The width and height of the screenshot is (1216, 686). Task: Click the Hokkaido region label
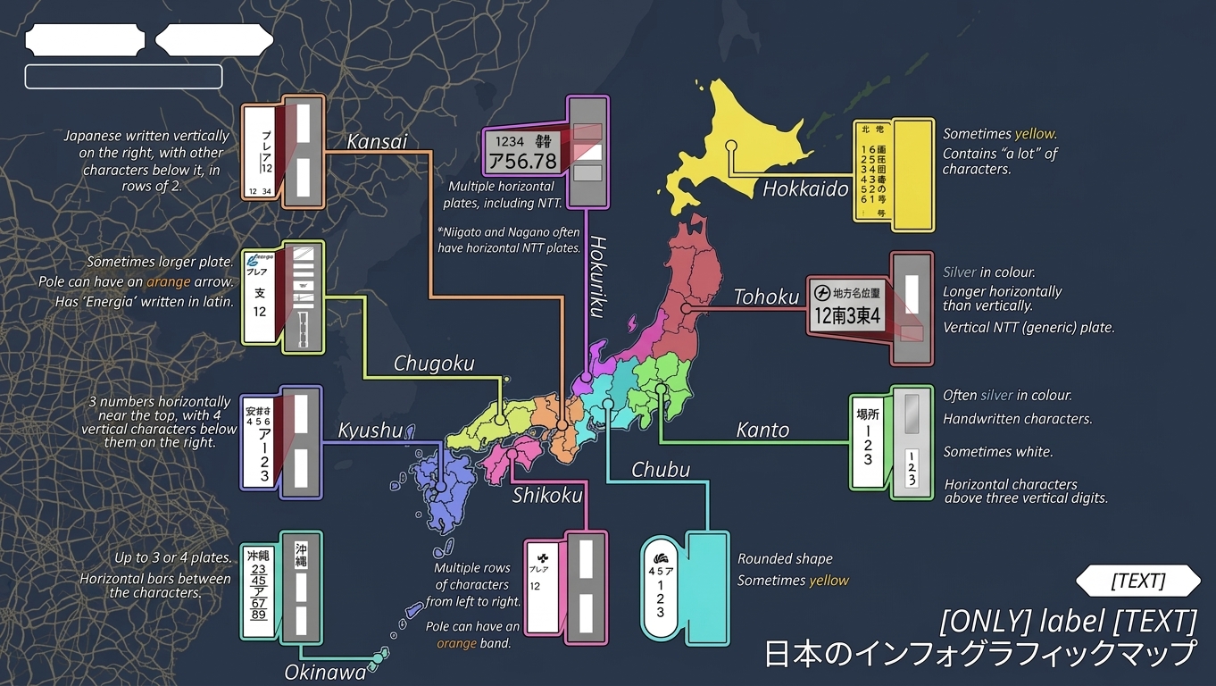[804, 188]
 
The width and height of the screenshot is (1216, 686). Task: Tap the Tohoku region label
[766, 297]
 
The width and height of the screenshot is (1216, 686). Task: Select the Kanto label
[762, 430]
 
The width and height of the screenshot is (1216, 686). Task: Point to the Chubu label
[661, 470]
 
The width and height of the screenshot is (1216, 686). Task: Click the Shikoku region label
[547, 495]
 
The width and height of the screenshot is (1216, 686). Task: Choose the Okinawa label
[325, 672]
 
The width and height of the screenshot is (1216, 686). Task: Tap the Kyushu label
[370, 431]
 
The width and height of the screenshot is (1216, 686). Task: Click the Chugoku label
[434, 364]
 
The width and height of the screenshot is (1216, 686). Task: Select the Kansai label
[377, 141]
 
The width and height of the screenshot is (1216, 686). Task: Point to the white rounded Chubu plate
[660, 584]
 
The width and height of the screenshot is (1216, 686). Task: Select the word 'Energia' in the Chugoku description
[137, 302]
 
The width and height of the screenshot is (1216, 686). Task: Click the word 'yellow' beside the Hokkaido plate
[1035, 134]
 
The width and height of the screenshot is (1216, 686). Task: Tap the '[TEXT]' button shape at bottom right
[1137, 581]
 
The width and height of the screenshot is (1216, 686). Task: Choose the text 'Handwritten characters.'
[1017, 418]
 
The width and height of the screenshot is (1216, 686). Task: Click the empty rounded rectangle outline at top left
[123, 77]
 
